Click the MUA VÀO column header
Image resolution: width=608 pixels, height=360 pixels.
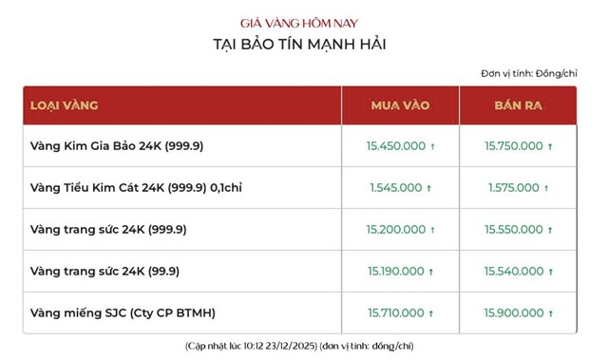click(399, 104)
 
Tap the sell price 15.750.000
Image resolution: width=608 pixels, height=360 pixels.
click(513, 146)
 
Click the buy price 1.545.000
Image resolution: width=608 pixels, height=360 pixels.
click(395, 188)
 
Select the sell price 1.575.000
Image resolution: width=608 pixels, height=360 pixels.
click(514, 188)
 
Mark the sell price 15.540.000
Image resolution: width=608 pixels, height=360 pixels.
click(513, 272)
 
